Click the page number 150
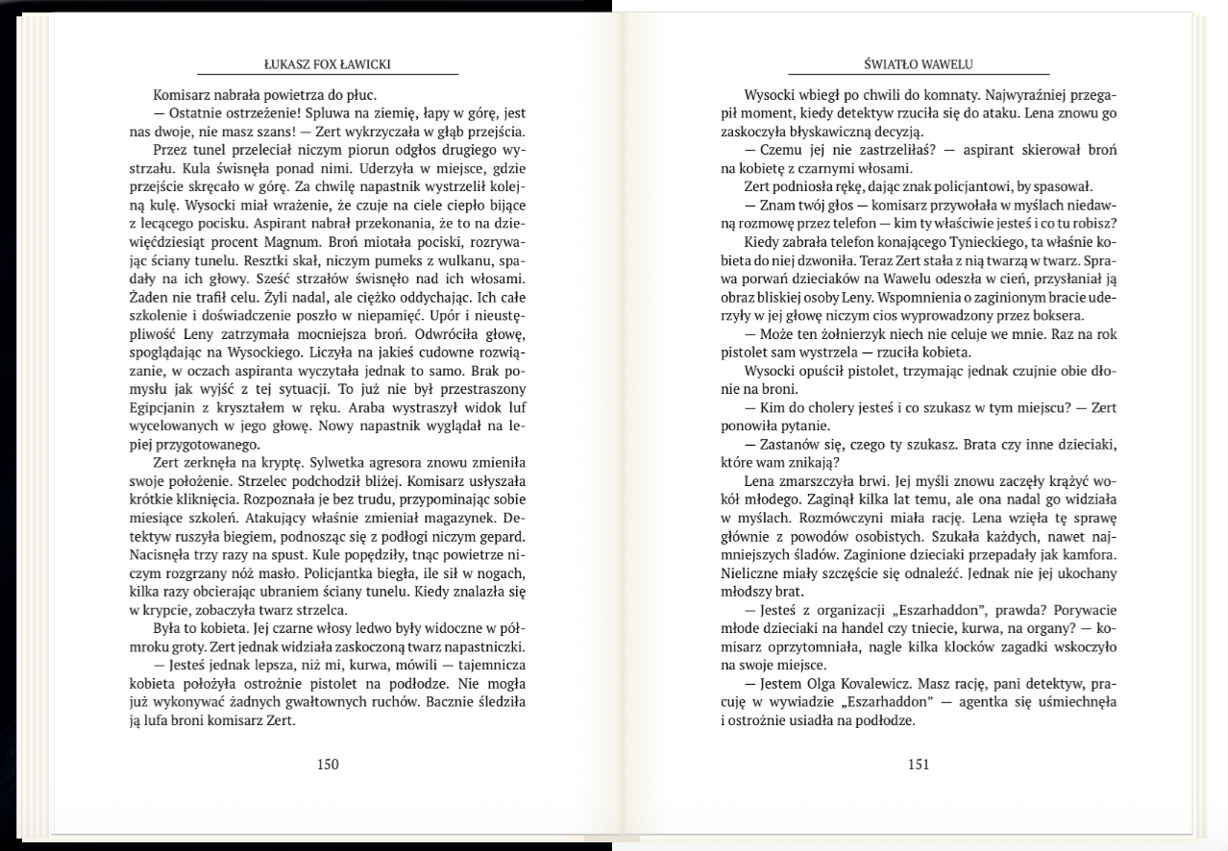[x=328, y=765]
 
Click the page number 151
[x=919, y=765]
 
